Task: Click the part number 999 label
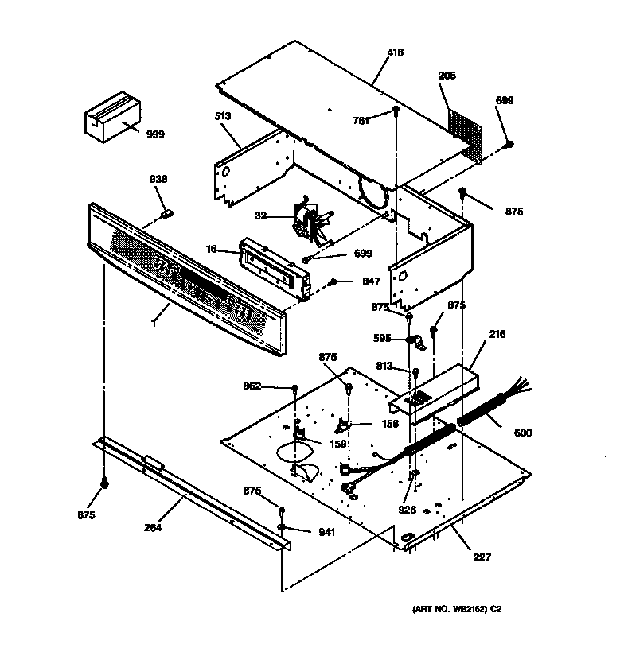tap(155, 134)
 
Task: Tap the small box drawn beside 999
tap(111, 118)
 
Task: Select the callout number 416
tap(395, 53)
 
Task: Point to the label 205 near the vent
tap(447, 76)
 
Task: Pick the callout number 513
tap(222, 116)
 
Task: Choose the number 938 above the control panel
tap(159, 180)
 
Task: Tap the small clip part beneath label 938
tap(167, 212)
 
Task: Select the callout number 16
tap(211, 249)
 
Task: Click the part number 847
tap(371, 281)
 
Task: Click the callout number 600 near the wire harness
tap(523, 433)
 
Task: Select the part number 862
tap(252, 386)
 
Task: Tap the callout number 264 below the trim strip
tap(153, 528)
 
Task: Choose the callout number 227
tap(482, 557)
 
